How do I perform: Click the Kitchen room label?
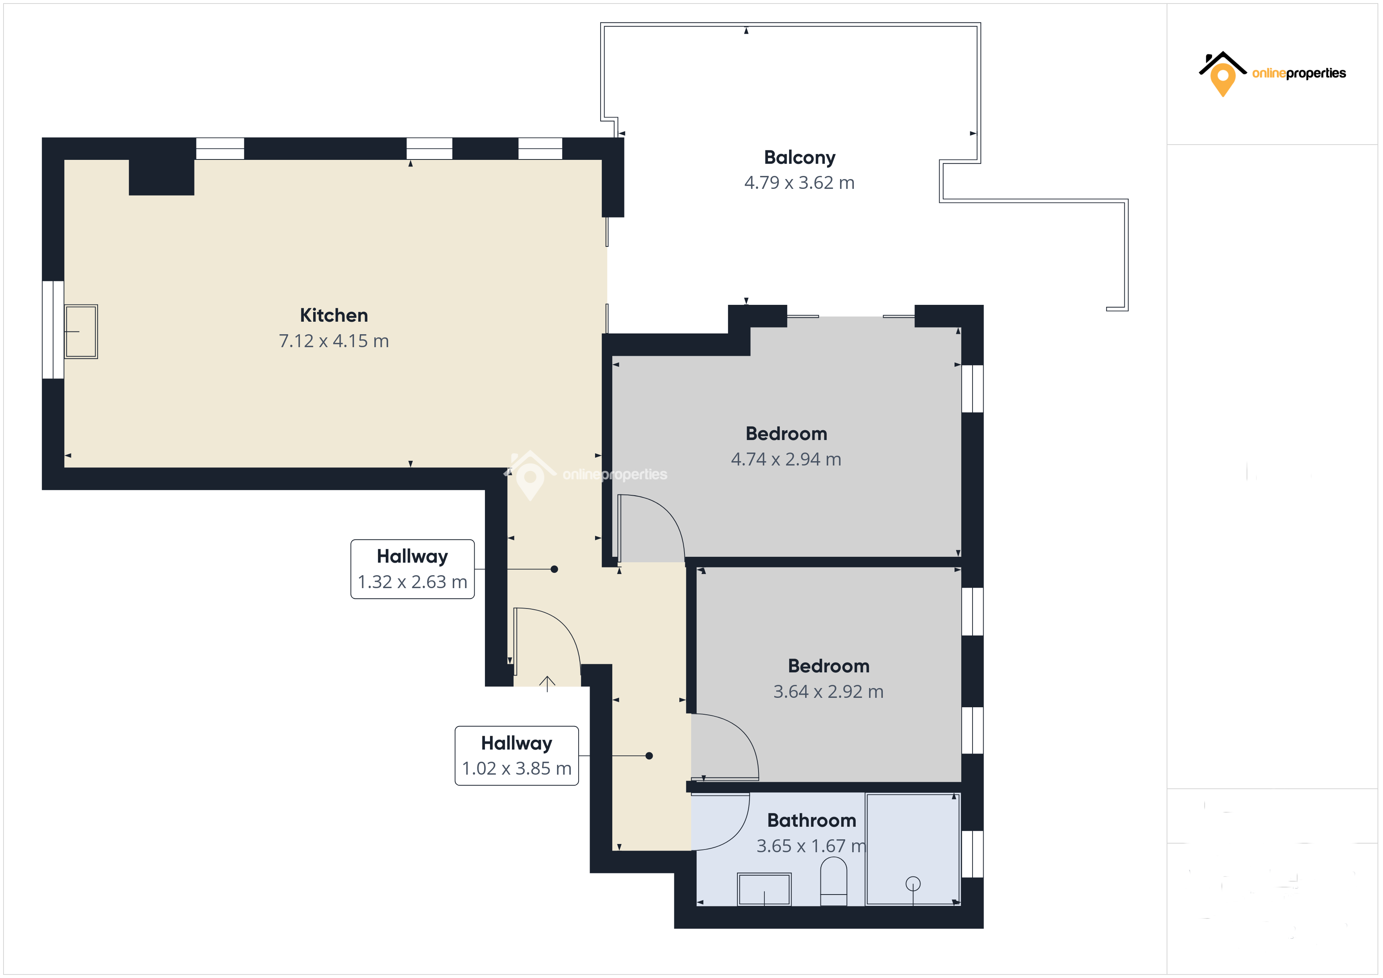tap(334, 315)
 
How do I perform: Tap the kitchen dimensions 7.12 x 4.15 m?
tap(334, 341)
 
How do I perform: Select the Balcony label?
tap(799, 157)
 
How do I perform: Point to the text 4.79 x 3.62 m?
tap(799, 183)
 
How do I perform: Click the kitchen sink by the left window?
tap(81, 331)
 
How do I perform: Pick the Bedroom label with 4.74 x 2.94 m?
tap(786, 434)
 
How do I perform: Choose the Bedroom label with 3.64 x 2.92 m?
tap(828, 666)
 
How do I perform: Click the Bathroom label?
tap(811, 820)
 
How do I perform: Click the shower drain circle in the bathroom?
tap(913, 884)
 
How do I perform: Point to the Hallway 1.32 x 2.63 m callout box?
tap(413, 569)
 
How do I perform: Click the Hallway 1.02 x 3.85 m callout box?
tap(516, 756)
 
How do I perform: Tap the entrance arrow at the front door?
tap(547, 683)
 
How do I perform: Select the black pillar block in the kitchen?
tap(162, 177)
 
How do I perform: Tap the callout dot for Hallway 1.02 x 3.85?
tap(649, 756)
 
